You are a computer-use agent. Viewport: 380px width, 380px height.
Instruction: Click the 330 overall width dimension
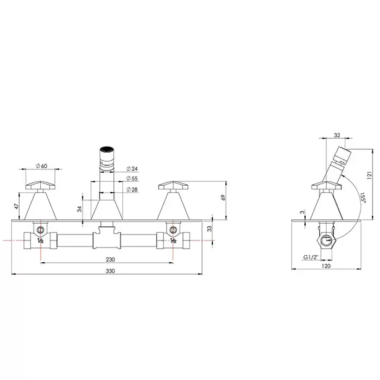[110, 271]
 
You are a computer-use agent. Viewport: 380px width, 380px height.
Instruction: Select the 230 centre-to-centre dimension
[110, 259]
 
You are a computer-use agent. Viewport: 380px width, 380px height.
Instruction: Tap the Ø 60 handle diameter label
[41, 166]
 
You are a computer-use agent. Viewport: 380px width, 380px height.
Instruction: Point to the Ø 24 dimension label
[132, 169]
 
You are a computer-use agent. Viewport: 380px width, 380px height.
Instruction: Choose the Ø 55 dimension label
[132, 179]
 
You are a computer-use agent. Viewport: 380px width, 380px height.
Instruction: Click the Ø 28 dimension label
[132, 189]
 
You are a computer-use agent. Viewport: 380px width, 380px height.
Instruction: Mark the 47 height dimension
[16, 206]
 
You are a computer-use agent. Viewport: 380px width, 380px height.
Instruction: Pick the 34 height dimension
[79, 209]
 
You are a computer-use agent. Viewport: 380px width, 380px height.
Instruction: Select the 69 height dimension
[223, 198]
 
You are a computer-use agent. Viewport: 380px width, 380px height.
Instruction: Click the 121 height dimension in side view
[369, 175]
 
